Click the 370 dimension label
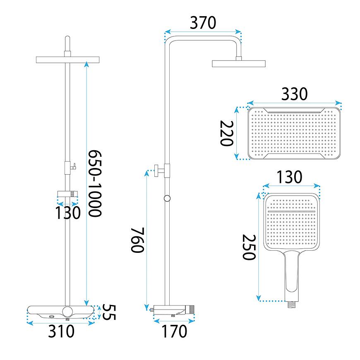(203, 23)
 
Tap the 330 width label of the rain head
(294, 94)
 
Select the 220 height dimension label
(227, 133)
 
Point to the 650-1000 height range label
(95, 183)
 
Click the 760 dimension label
(137, 240)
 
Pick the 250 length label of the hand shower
(249, 247)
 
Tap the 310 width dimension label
(61, 331)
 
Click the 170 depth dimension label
(174, 331)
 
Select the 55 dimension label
(109, 312)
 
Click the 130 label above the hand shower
(289, 177)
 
